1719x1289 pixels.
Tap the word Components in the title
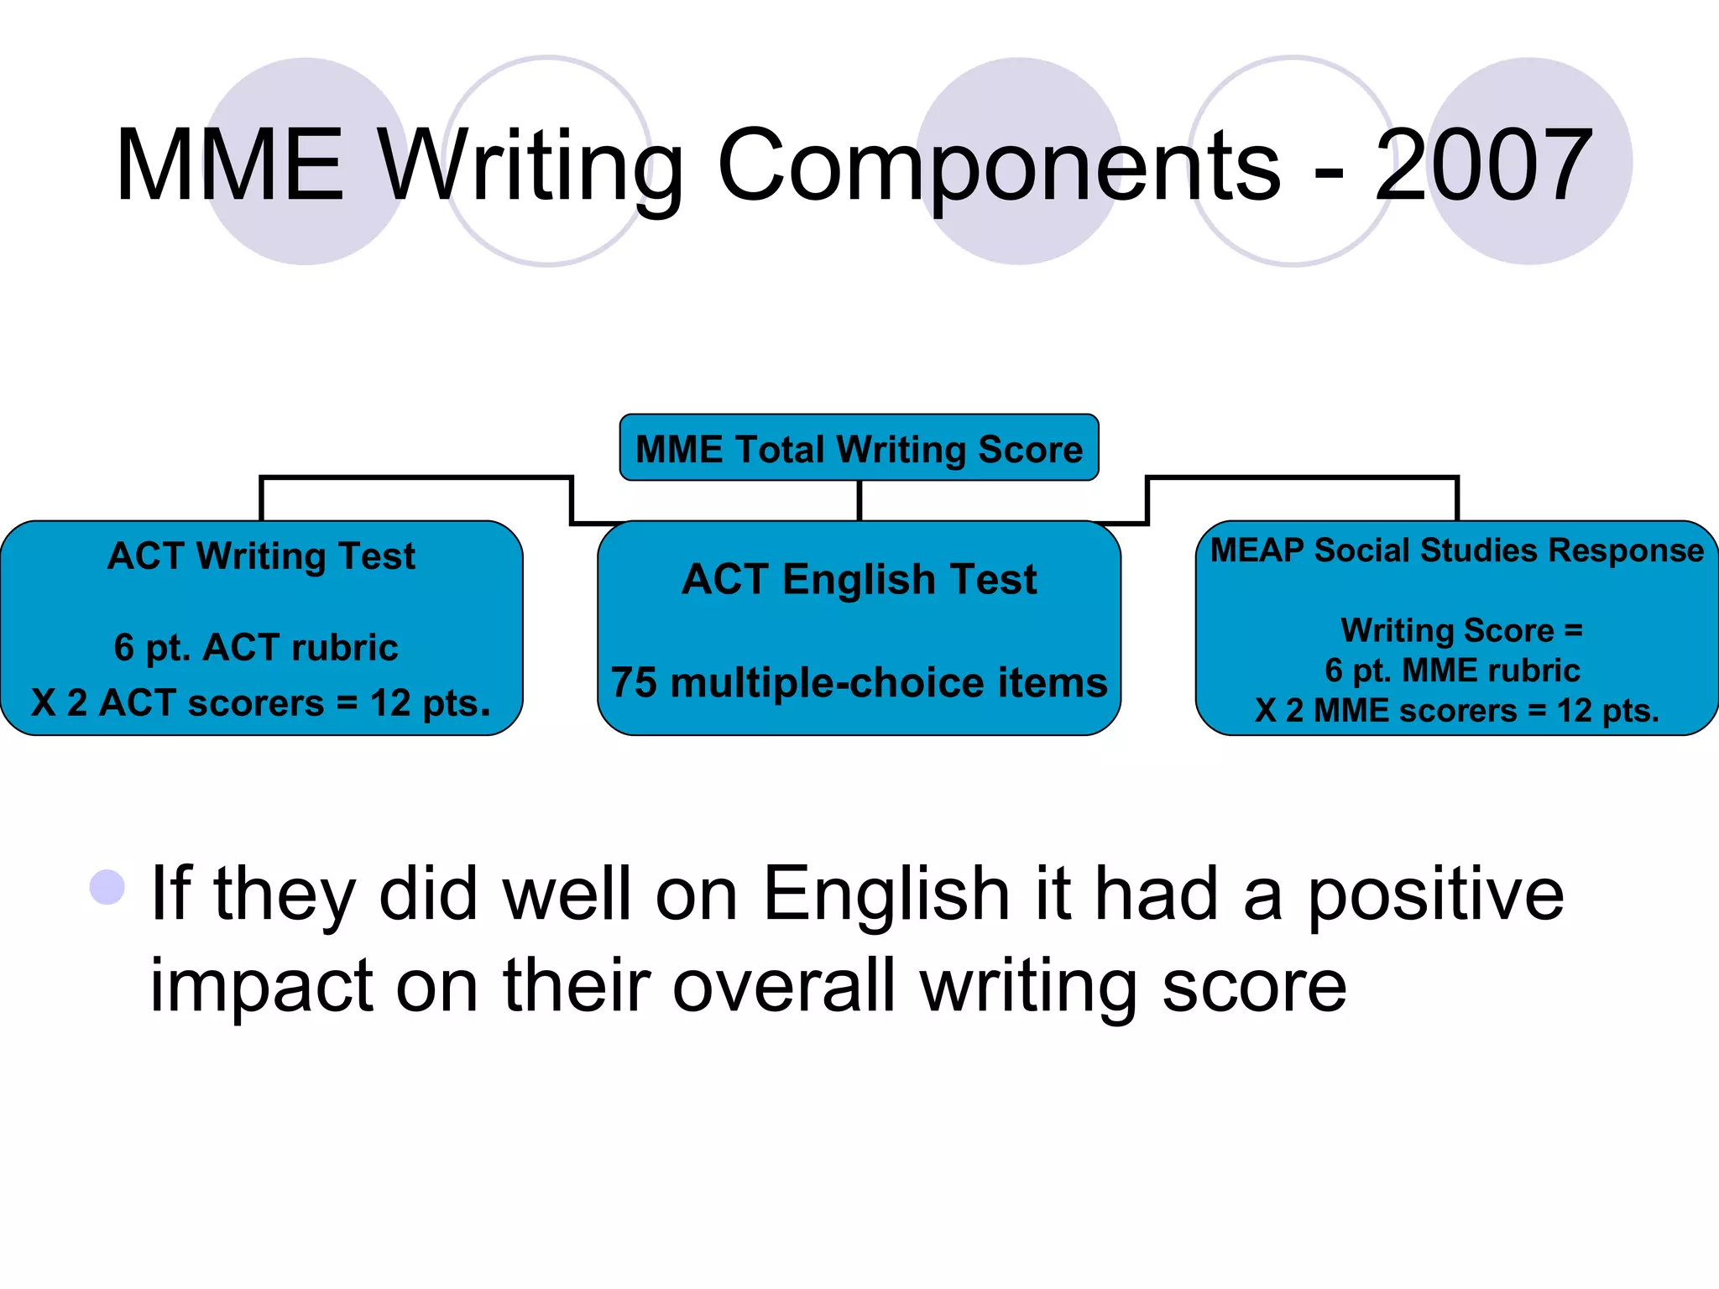[999, 165]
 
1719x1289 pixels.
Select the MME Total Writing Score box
[859, 448]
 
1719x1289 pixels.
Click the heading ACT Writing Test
[261, 556]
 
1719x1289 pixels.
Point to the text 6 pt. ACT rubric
[256, 648]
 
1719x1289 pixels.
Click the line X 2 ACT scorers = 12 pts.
[260, 703]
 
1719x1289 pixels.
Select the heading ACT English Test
[859, 579]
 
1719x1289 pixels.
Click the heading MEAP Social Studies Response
[1457, 551]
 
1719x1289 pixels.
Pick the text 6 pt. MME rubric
[1452, 671]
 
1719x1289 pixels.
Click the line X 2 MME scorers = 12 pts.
[1457, 711]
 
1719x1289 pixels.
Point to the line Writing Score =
[1461, 630]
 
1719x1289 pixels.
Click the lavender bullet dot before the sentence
[107, 887]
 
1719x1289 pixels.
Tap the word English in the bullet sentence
[886, 895]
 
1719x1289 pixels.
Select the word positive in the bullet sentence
[1436, 895]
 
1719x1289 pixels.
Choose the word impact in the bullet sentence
[261, 987]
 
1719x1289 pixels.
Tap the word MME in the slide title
[230, 165]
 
